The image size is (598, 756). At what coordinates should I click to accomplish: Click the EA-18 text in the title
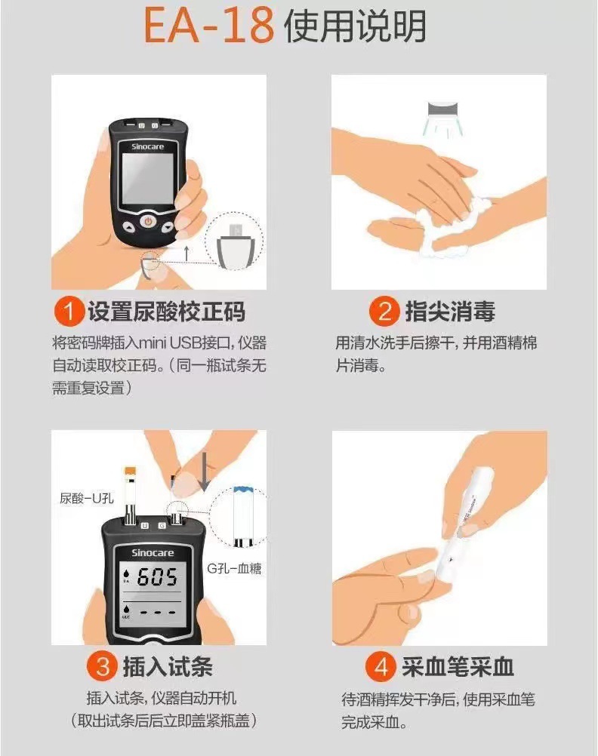pyautogui.click(x=208, y=26)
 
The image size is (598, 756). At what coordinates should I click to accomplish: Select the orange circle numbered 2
pyautogui.click(x=384, y=311)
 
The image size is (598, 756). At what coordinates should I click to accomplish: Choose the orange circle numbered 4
pyautogui.click(x=381, y=667)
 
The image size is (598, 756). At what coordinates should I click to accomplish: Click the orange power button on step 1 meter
pyautogui.click(x=148, y=221)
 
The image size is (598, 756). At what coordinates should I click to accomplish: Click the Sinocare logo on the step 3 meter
pyautogui.click(x=153, y=552)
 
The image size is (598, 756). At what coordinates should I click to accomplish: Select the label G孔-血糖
pyautogui.click(x=234, y=568)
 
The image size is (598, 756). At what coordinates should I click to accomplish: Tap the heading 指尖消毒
pyautogui.click(x=450, y=311)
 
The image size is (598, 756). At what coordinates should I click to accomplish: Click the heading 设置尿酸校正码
pyautogui.click(x=166, y=311)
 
